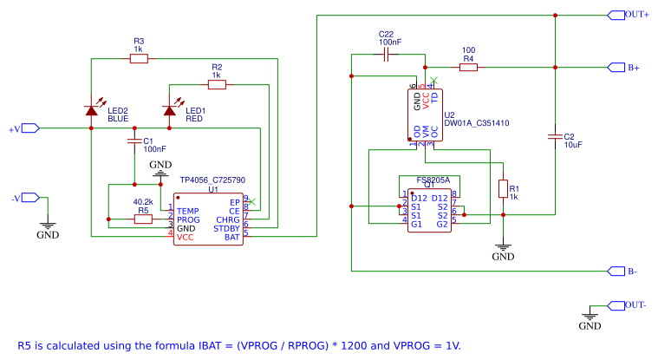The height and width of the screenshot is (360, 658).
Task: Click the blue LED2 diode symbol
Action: pyautogui.click(x=91, y=109)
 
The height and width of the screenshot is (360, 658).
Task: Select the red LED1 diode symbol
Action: pyautogui.click(x=169, y=109)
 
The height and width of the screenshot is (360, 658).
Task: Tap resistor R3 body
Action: pyautogui.click(x=138, y=59)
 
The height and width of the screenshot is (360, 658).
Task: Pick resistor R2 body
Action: pyautogui.click(x=216, y=84)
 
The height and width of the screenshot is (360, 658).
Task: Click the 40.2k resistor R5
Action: pyautogui.click(x=143, y=219)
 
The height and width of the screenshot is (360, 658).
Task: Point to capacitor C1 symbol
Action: pyautogui.click(x=134, y=140)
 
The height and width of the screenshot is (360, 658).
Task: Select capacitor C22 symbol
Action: pyautogui.click(x=388, y=55)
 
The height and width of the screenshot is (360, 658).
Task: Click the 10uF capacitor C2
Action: pyautogui.click(x=554, y=136)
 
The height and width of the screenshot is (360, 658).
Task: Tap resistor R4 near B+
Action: pyautogui.click(x=467, y=67)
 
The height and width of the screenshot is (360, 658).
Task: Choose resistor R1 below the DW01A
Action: pyautogui.click(x=502, y=189)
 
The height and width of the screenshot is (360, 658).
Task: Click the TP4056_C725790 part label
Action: pyautogui.click(x=212, y=180)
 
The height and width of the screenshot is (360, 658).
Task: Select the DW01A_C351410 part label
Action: pyautogui.click(x=476, y=124)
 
